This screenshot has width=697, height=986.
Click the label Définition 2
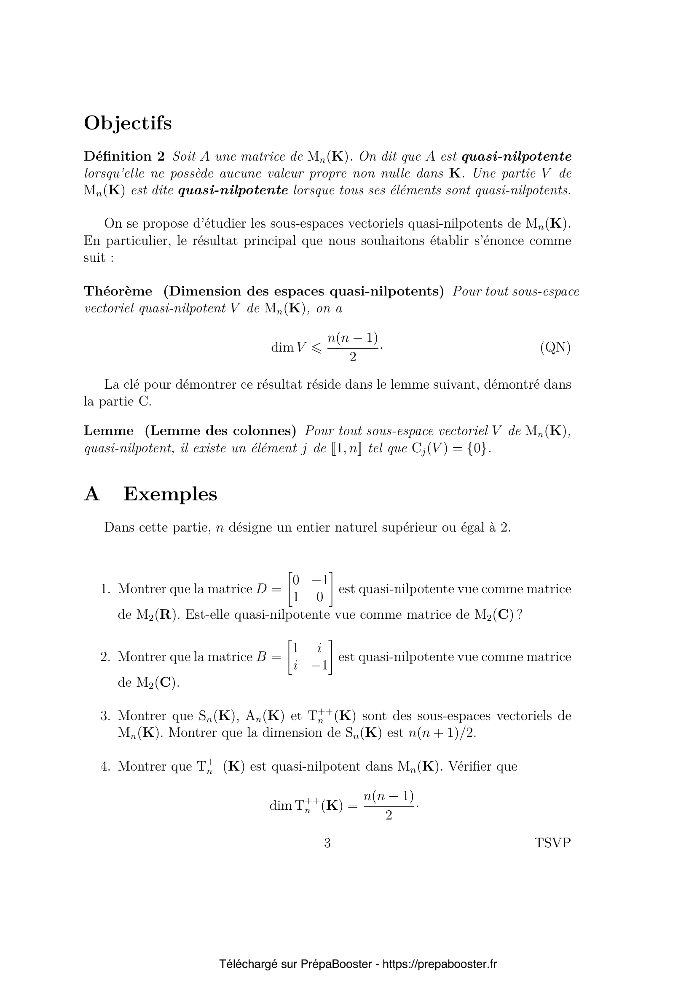[x=124, y=156]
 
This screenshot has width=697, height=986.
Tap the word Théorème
[x=118, y=291]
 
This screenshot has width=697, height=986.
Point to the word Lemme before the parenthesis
[x=109, y=430]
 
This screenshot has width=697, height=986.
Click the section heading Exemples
[x=170, y=494]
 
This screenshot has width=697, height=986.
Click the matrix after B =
[x=310, y=657]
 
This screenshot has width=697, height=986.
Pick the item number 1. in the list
[x=106, y=589]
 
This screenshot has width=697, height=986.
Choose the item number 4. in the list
[x=106, y=766]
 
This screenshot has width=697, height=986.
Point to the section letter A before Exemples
[x=92, y=494]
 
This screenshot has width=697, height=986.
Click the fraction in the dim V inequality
[x=353, y=347]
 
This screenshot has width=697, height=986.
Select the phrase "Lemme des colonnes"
[x=220, y=430]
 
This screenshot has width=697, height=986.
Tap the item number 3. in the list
[x=106, y=716]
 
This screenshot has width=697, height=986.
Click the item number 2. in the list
[x=106, y=657]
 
